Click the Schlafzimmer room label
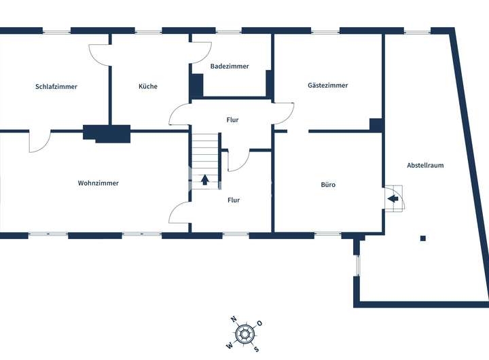[56, 87]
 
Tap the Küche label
[148, 86]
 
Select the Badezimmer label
[230, 67]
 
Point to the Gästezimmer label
[328, 86]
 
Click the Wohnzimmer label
[98, 183]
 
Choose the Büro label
[328, 185]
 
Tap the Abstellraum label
[425, 165]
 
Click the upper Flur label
[233, 120]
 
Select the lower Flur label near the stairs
[234, 200]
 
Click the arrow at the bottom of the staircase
[205, 181]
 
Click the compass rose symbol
[245, 334]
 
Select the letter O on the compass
[259, 323]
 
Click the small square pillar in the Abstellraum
[423, 238]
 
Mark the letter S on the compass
[256, 349]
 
